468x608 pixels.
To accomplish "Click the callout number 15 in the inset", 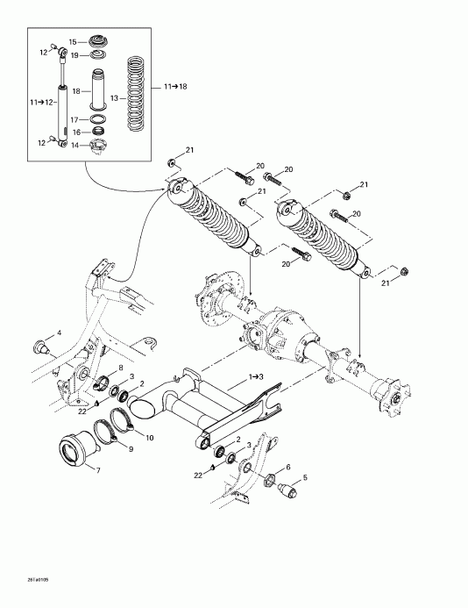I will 73,41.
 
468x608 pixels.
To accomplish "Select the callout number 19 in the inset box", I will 73,54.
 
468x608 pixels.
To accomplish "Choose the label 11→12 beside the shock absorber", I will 43,102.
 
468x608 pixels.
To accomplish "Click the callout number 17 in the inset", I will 74,119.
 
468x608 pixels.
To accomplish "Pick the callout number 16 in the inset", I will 74,132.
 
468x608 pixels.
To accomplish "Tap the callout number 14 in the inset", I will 74,144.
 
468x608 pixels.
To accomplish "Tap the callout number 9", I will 131,449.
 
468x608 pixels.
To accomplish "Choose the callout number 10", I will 150,437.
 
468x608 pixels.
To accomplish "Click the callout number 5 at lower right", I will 305,479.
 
